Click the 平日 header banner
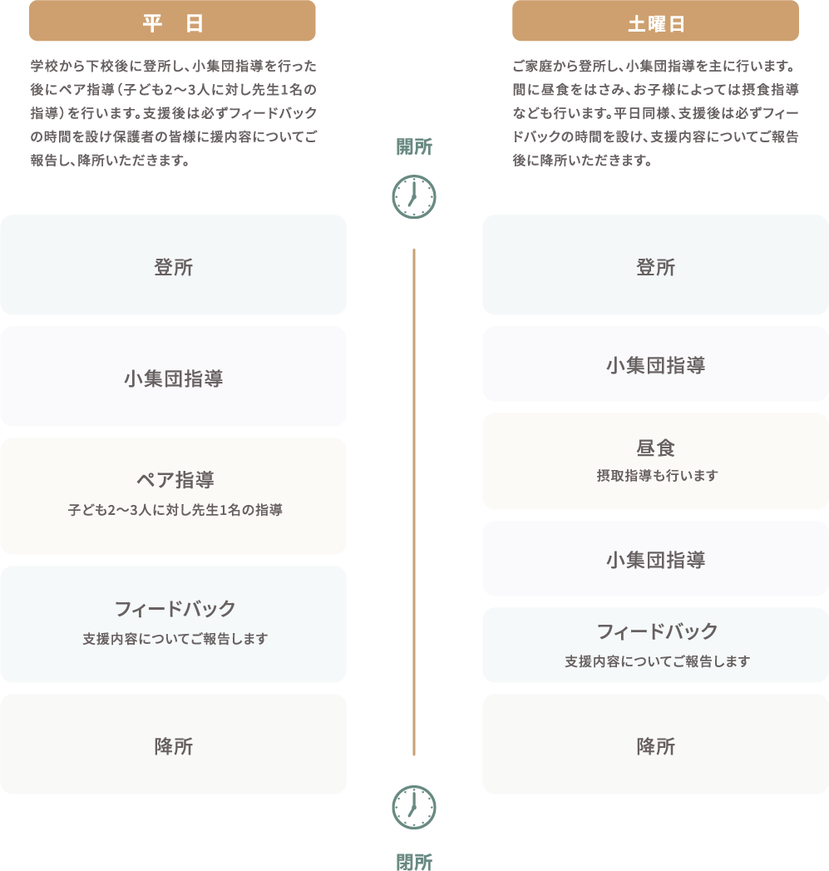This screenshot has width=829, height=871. (x=172, y=22)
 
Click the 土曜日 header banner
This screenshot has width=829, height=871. (x=655, y=22)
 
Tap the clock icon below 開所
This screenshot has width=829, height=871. (x=414, y=197)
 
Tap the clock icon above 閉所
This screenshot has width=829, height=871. (x=414, y=807)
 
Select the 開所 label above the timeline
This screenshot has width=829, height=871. (x=414, y=147)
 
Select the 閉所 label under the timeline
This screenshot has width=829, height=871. (x=414, y=862)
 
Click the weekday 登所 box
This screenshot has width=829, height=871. (x=173, y=265)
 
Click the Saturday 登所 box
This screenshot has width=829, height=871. (x=655, y=265)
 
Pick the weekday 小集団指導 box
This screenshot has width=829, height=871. (x=173, y=377)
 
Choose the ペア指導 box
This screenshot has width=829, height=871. (x=173, y=496)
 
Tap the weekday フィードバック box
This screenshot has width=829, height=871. (x=173, y=624)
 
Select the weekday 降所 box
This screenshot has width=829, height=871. (x=173, y=745)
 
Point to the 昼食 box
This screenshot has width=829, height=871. (x=655, y=460)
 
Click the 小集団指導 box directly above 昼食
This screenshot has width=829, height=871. (x=655, y=364)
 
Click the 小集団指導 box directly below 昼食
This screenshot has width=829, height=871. (x=655, y=559)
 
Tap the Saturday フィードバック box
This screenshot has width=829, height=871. (x=655, y=645)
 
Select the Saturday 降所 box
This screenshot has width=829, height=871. (x=655, y=745)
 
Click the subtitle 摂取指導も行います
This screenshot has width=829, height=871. (x=657, y=476)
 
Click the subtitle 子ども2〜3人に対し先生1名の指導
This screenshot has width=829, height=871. (x=175, y=509)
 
